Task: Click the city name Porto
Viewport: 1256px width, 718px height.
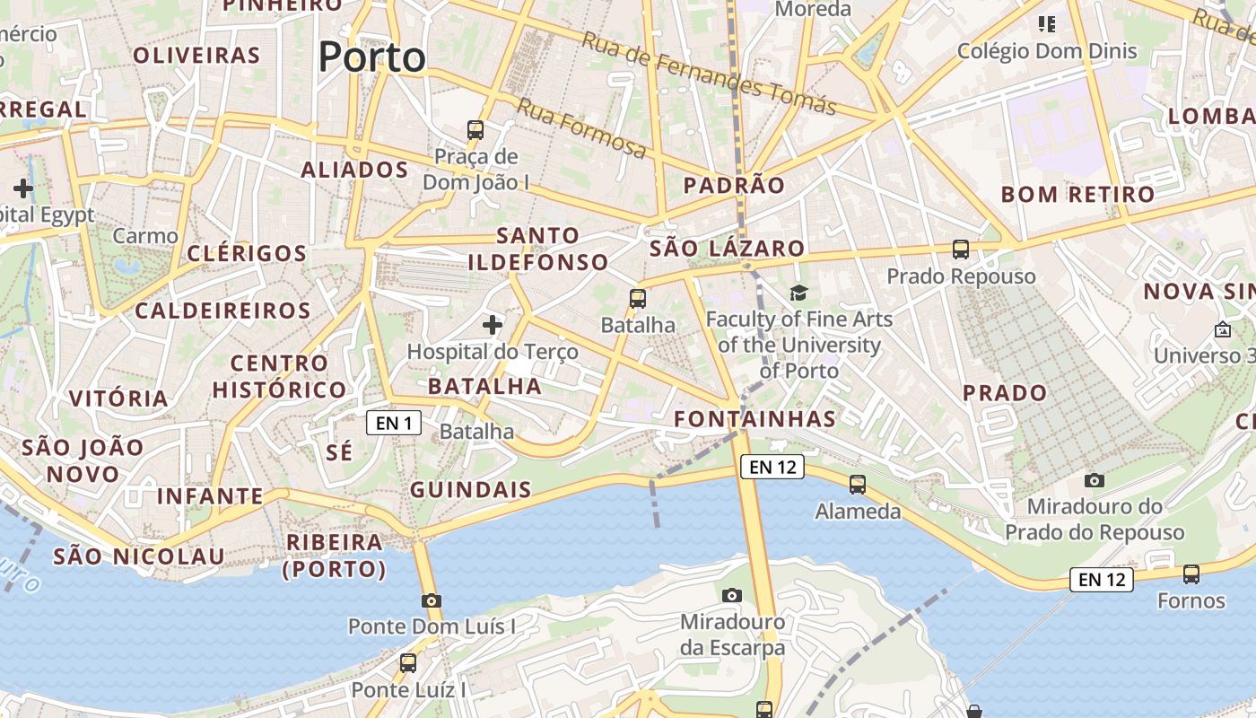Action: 371,57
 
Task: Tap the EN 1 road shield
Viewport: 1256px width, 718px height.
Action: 393,423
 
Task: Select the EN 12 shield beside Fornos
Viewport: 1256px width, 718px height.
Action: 1101,580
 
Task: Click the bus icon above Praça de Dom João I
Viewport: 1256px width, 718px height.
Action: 475,130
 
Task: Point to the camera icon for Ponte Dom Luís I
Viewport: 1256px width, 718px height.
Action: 432,600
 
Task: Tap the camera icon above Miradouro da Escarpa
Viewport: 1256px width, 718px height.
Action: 732,595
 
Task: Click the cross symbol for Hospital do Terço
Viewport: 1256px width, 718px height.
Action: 493,324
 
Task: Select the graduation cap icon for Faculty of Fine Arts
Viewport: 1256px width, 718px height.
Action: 798,292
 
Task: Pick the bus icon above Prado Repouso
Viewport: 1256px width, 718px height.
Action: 961,250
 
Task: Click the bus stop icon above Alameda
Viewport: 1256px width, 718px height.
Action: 858,485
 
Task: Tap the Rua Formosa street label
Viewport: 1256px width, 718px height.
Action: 580,127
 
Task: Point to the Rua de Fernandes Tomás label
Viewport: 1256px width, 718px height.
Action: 709,74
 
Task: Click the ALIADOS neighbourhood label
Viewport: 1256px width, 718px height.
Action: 354,170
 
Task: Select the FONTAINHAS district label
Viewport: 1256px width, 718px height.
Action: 754,419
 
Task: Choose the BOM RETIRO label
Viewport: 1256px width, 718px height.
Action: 1077,195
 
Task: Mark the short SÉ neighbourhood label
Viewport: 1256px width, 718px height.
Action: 339,453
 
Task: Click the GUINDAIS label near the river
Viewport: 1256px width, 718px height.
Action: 470,490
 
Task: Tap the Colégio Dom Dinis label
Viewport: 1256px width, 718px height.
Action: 1047,51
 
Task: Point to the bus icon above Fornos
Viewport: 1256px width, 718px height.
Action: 1191,574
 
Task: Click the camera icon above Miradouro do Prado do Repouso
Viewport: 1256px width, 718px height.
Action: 1095,481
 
